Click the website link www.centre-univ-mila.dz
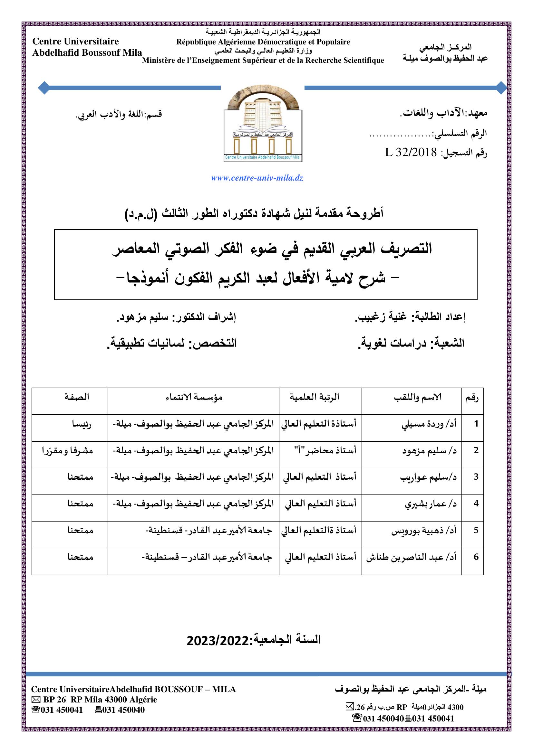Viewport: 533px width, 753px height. [x=257, y=179]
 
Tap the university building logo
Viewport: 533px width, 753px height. [x=263, y=126]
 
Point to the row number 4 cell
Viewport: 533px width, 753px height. [x=476, y=504]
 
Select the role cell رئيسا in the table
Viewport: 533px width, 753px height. [x=82, y=424]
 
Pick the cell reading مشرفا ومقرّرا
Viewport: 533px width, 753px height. [x=67, y=451]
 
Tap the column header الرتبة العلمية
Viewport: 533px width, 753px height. [x=314, y=397]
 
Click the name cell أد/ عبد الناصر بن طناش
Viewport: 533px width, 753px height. [x=411, y=557]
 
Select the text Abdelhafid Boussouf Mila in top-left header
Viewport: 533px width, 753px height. [x=87, y=53]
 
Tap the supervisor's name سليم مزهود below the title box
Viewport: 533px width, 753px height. [x=142, y=317]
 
